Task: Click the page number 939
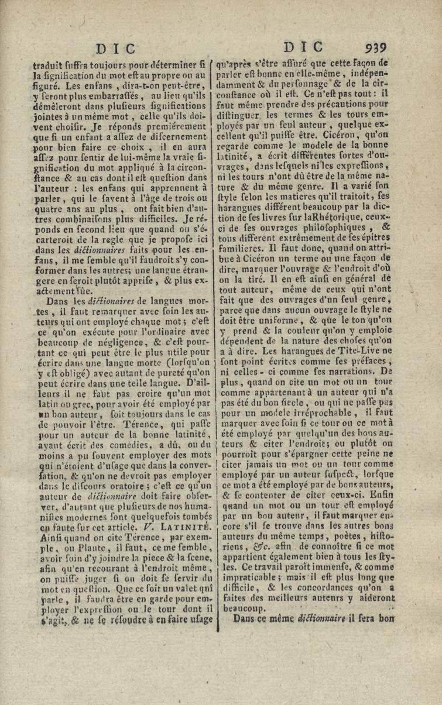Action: [x=375, y=47]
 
